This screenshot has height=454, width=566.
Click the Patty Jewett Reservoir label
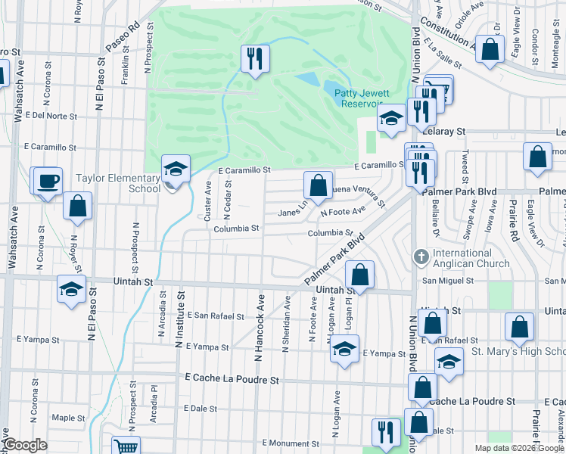(359, 98)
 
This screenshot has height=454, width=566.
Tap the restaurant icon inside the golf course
(255, 58)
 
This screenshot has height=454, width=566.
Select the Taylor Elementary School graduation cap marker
(176, 169)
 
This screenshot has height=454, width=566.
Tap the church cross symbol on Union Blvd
(421, 257)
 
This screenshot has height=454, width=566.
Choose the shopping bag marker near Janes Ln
(318, 185)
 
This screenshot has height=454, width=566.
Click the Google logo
(25, 445)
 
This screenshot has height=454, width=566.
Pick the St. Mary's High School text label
(518, 351)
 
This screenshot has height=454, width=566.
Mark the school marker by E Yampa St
(344, 350)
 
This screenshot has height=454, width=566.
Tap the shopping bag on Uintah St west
(77, 206)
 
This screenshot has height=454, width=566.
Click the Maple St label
(68, 418)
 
